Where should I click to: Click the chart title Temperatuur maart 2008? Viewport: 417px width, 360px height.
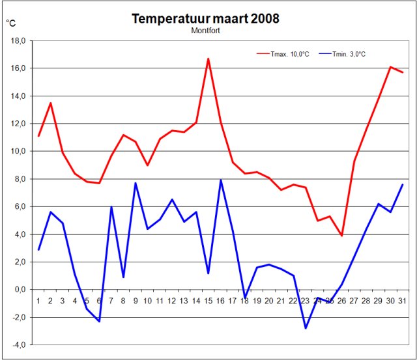point(205,18)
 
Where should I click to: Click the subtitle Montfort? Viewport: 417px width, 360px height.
point(205,30)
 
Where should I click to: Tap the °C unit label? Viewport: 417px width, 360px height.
point(11,23)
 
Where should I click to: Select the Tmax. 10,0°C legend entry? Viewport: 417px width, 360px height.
point(287,54)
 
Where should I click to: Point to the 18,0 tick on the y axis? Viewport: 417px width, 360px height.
point(17,41)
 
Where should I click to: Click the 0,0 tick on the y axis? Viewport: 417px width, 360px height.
point(18,290)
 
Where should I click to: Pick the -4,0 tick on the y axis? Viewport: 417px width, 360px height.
point(18,345)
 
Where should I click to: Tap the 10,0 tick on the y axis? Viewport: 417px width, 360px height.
point(17,152)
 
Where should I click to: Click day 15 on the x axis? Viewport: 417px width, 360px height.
point(208,300)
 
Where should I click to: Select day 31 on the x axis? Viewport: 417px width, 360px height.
point(403,300)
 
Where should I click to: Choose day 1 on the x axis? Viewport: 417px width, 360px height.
point(38,300)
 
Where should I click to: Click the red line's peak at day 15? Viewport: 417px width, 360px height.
point(208,59)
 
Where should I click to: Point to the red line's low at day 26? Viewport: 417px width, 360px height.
point(342,236)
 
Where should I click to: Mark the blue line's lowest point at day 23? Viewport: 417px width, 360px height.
point(306,328)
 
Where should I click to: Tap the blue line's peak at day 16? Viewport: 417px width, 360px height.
point(221,180)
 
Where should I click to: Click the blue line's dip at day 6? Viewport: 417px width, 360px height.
point(99,321)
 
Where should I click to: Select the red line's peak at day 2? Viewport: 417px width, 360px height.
point(51,103)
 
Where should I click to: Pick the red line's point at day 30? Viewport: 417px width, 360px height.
point(390,67)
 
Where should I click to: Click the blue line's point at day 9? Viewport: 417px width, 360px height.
point(136,183)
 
